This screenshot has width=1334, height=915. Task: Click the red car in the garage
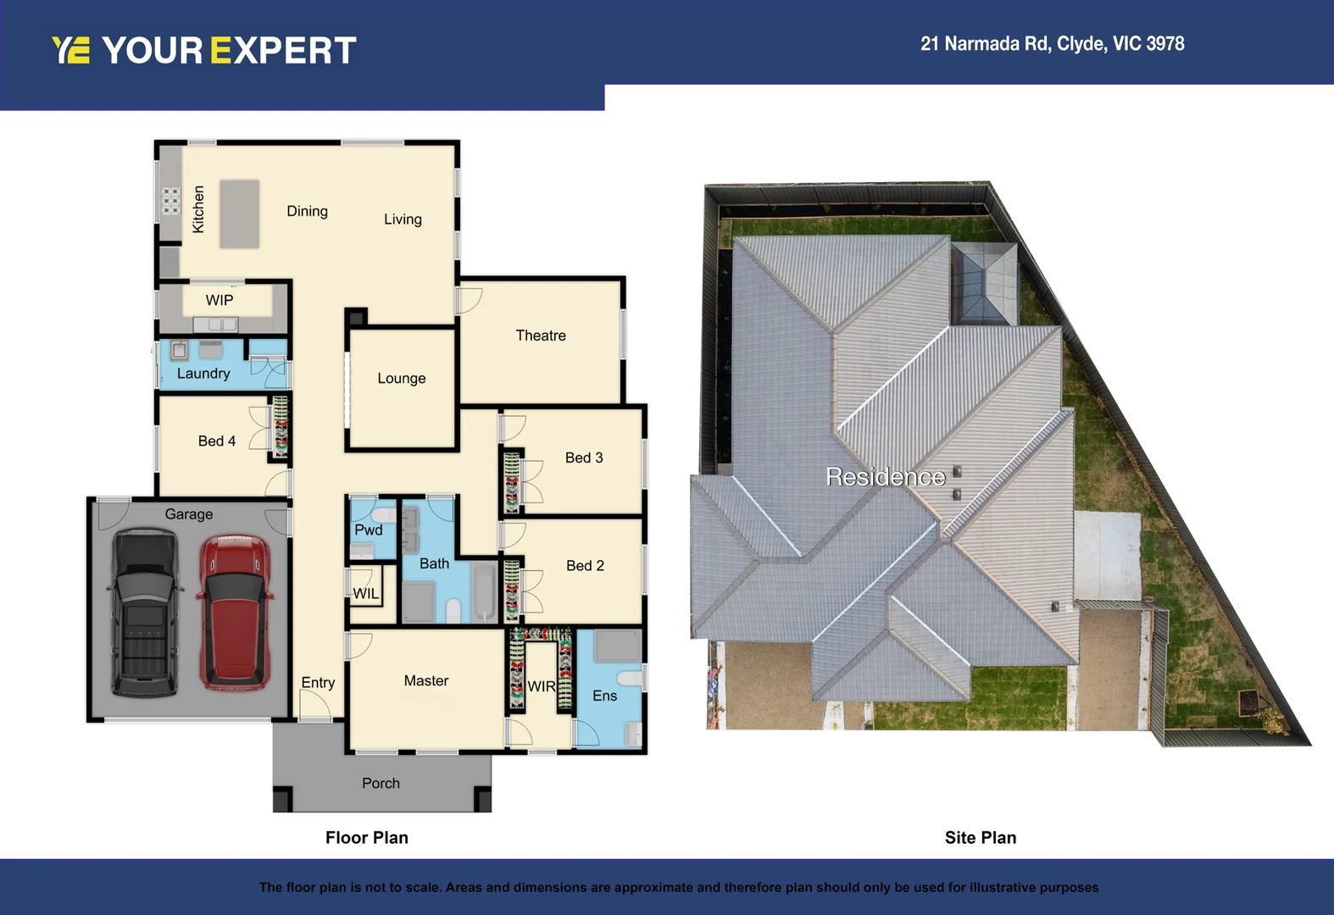235,611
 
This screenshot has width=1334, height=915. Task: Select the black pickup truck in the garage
146,612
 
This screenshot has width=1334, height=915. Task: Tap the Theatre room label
541,335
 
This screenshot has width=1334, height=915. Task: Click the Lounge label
402,379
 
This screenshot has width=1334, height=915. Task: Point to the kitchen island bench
240,213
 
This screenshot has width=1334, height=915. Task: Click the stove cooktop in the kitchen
171,201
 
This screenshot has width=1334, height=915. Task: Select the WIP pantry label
220,301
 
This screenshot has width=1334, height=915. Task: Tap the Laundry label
203,374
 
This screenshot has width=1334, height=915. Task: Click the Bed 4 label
217,441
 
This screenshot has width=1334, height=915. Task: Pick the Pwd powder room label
369,530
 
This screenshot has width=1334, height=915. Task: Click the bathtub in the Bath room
485,591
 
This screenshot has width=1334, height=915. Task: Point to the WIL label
366,594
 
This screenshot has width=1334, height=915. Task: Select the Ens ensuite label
605,696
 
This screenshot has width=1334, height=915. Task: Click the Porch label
381,784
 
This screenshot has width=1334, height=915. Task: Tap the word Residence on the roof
886,477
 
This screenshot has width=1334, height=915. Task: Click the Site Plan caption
981,838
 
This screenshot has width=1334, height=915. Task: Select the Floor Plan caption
367,838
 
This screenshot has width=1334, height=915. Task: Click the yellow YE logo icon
70,50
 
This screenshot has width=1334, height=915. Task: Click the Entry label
318,683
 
